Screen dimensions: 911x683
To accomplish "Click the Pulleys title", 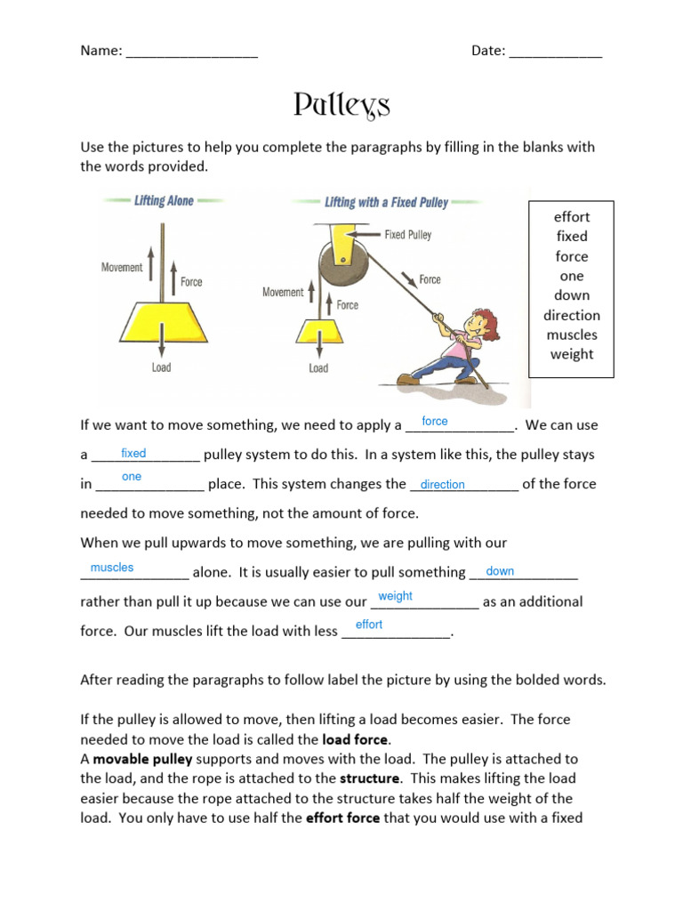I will (x=341, y=106).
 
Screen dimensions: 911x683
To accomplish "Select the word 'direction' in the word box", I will (x=572, y=315).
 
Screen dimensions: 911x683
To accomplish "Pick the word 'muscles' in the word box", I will (x=572, y=335).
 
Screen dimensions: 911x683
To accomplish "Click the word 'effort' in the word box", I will (x=572, y=216).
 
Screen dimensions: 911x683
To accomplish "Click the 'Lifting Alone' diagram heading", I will (x=164, y=201).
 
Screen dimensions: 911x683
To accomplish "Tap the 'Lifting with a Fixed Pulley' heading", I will (x=386, y=202).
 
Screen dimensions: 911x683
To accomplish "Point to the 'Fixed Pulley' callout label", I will (x=407, y=235).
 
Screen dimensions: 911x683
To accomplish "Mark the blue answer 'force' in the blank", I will (x=435, y=421).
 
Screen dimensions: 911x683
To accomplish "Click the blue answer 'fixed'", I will (x=133, y=453).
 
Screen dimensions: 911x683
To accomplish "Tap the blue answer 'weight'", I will (x=395, y=596).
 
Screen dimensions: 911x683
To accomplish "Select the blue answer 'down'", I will (x=500, y=571).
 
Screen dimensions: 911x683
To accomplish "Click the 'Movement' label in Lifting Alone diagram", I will (x=122, y=268).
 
